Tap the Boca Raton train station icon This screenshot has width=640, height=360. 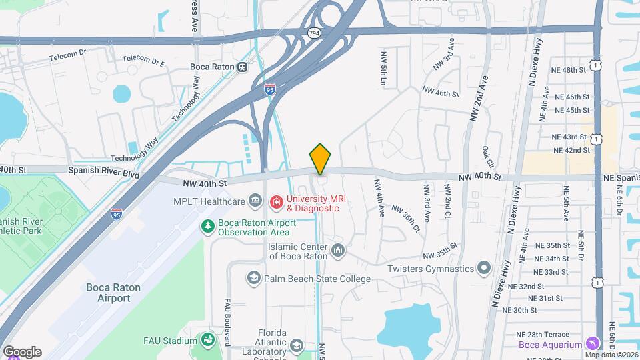coord(242,67)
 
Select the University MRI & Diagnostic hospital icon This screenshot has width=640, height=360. coord(274,201)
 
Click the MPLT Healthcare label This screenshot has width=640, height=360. coord(209,201)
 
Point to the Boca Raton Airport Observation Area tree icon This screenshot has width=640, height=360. coord(209,226)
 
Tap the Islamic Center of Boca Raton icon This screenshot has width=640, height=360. coord(338,251)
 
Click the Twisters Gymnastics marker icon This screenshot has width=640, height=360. coord(485,269)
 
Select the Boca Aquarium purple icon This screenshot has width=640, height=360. coord(591,343)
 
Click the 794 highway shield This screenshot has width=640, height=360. coord(313,33)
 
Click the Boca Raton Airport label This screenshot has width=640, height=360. coord(108,293)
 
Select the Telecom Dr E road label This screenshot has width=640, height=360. coord(144,61)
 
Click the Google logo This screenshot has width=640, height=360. coord(22,351)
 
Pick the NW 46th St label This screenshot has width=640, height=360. coord(441,92)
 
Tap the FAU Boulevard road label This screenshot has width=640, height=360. coord(227,321)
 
